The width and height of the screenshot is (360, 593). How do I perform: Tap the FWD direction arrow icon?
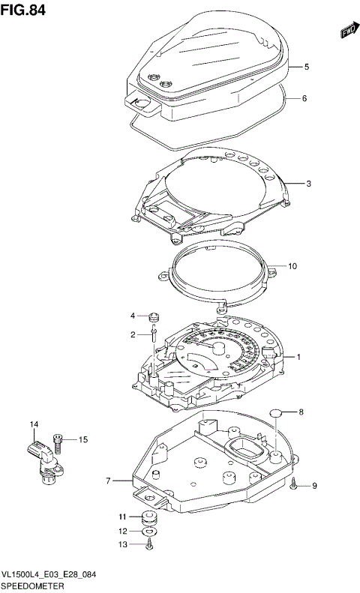coord(346,31)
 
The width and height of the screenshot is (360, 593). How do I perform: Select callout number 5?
coord(306,67)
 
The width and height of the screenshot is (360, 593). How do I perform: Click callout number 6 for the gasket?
coord(306,98)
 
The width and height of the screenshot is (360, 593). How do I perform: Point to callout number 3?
coord(307,182)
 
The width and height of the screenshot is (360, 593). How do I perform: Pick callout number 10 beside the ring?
coord(293,265)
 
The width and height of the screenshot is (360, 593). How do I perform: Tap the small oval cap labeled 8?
coord(276,412)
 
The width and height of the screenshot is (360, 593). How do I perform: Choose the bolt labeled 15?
coord(58,440)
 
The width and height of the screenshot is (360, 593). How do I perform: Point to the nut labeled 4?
coord(153,315)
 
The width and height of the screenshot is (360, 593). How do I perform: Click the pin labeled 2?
coord(152,334)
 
